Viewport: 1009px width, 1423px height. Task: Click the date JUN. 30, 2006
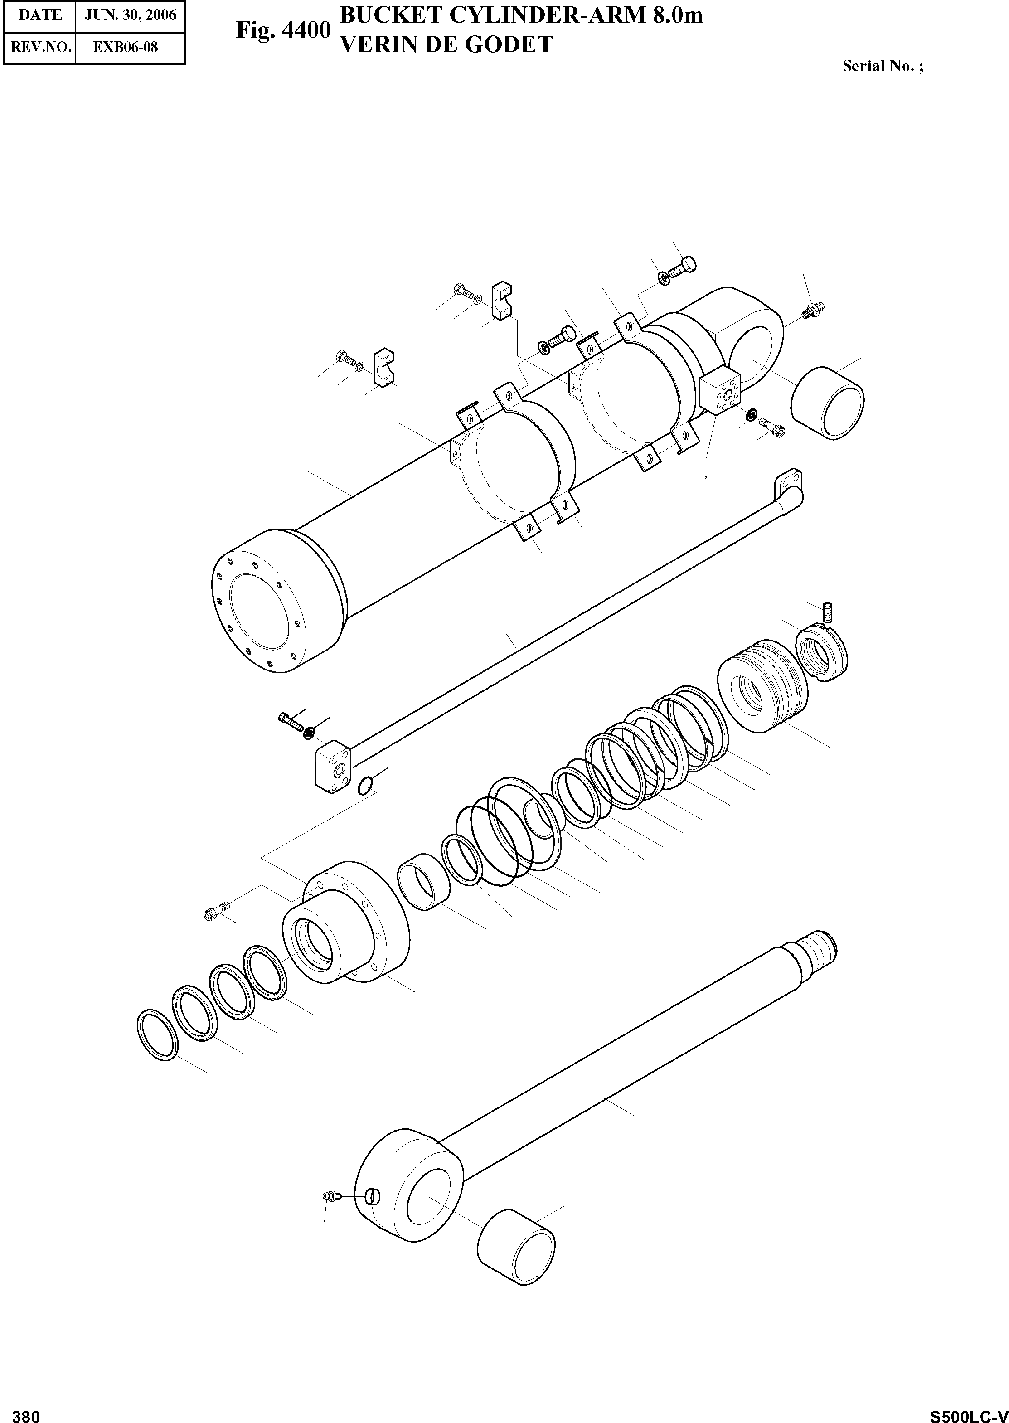pos(131,15)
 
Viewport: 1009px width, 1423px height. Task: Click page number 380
pos(26,1412)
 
